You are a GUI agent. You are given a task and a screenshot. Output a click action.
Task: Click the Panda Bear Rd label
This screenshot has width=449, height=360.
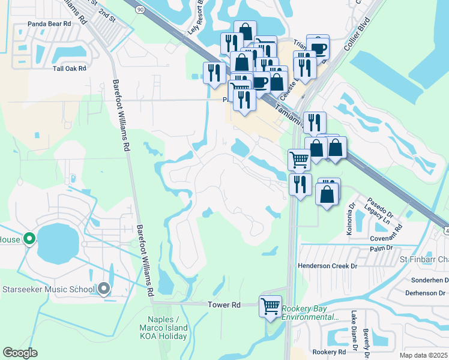49,25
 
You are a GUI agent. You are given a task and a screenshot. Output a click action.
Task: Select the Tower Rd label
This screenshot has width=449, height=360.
224,305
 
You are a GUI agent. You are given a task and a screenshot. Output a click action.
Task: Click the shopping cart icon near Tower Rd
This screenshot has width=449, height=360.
270,306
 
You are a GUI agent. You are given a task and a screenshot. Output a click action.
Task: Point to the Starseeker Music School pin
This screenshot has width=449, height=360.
104,289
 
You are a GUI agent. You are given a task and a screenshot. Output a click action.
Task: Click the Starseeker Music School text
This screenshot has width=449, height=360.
49,290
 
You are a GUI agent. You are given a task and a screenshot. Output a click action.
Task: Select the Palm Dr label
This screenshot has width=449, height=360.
381,247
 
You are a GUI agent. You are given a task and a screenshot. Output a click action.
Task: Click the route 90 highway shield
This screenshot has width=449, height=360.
140,10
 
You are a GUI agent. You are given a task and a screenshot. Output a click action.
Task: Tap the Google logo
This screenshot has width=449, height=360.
20,353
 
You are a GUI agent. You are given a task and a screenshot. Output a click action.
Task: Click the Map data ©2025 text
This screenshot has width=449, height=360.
423,355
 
